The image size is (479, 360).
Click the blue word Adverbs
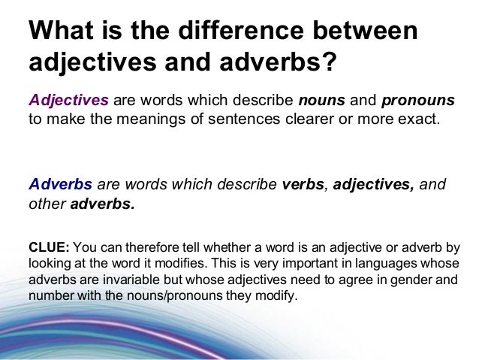point(60,184)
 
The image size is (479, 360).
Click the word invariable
point(123,280)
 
